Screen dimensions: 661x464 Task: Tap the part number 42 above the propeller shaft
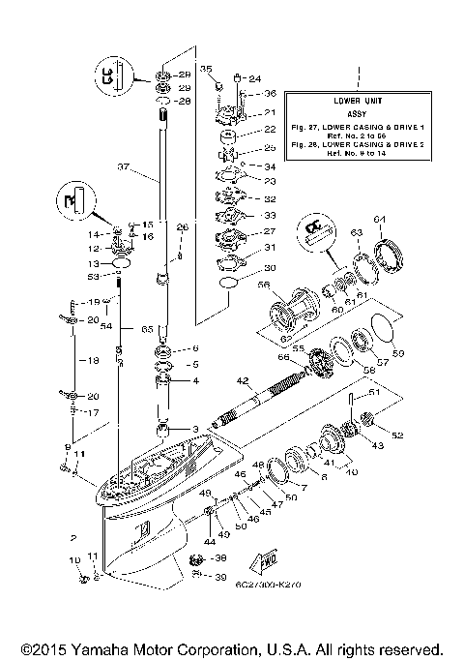[242, 380]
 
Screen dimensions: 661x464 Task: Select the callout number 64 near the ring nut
[380, 217]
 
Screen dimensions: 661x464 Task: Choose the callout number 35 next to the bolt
[205, 68]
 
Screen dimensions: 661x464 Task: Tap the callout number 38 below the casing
[219, 558]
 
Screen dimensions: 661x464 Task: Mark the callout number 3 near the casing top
[193, 429]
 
